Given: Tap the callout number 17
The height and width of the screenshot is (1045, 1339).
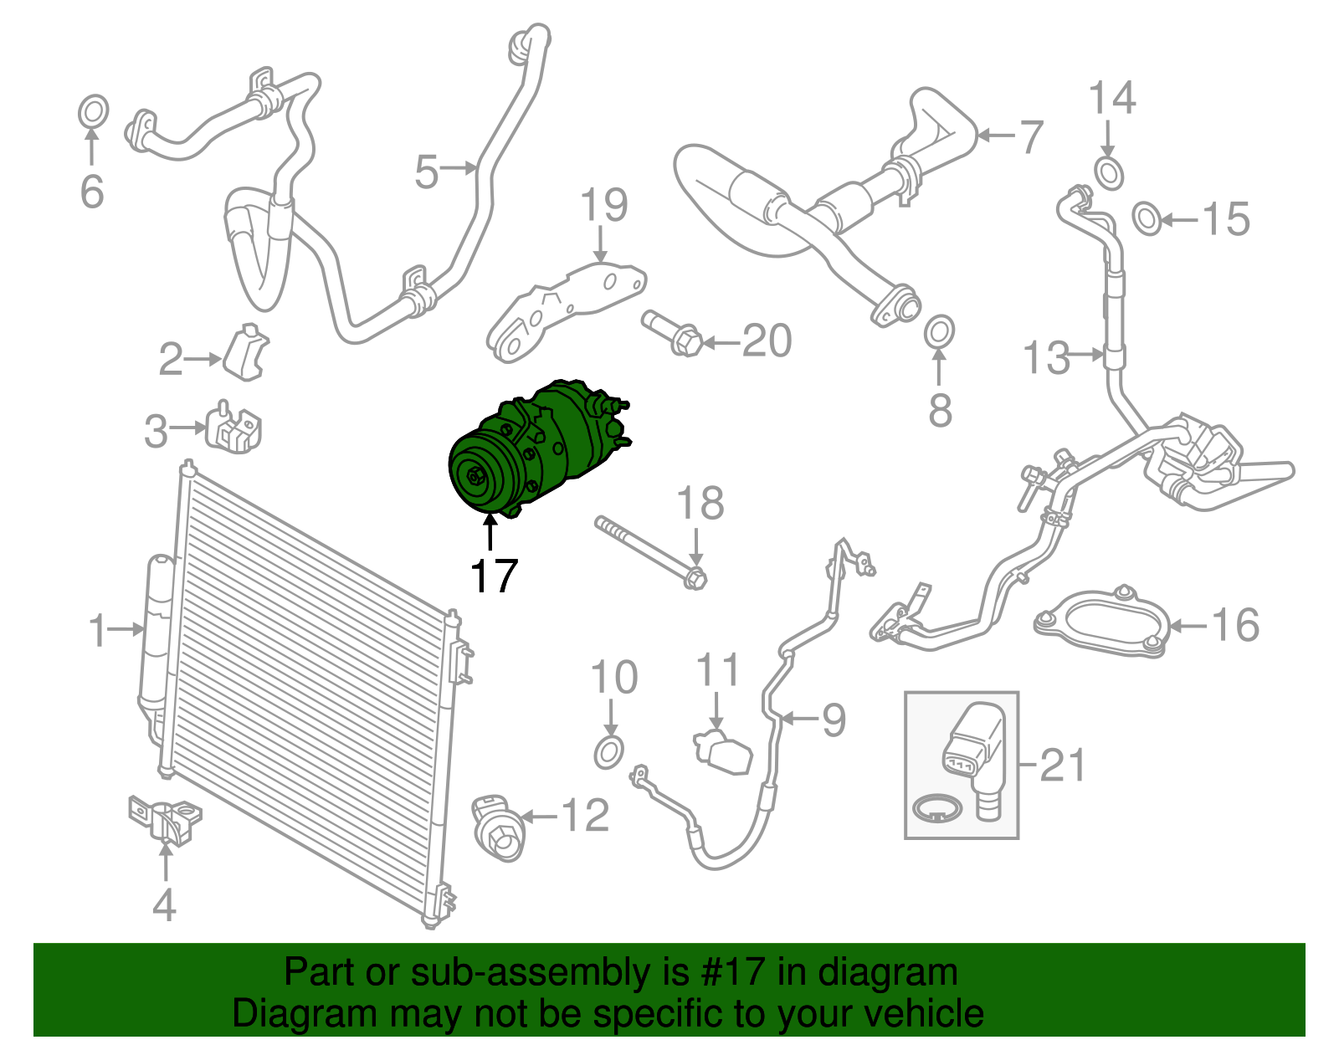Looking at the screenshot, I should (x=494, y=576).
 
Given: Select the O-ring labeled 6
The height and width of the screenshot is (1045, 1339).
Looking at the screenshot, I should (x=93, y=111).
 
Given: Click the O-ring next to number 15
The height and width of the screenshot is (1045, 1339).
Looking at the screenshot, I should (x=1147, y=218).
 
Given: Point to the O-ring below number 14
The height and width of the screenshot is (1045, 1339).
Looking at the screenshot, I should (x=1109, y=173).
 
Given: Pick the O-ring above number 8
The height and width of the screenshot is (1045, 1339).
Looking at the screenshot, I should (x=939, y=331).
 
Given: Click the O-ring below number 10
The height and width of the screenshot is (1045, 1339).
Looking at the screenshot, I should (x=609, y=752).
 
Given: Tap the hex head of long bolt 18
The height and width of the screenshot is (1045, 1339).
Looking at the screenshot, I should (x=695, y=577).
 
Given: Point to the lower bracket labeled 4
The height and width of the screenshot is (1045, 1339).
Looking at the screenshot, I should (x=164, y=817).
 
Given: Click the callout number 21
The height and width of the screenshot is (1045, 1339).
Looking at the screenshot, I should (x=1062, y=765).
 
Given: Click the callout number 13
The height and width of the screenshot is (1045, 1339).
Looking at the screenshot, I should (x=1046, y=357).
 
